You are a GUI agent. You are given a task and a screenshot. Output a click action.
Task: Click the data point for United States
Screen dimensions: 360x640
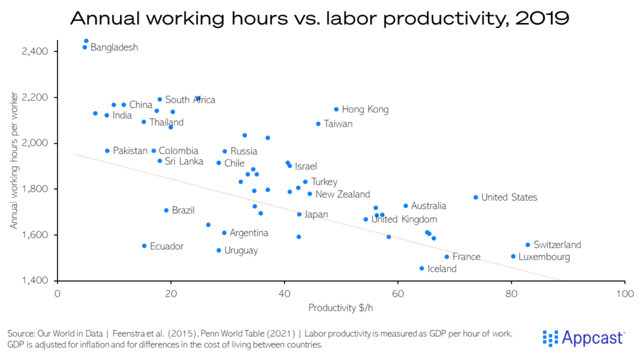point(476,197)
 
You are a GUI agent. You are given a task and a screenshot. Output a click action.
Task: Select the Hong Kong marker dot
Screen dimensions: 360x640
point(336,109)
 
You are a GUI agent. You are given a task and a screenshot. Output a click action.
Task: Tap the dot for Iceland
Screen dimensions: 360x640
point(422,269)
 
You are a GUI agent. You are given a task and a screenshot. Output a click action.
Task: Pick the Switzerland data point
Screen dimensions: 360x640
point(527,245)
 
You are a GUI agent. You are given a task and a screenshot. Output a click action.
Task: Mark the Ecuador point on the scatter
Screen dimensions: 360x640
point(144,246)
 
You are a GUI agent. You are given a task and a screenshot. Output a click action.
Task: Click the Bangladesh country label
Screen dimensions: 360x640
point(114,47)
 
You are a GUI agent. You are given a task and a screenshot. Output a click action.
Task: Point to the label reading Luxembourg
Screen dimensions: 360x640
point(544,257)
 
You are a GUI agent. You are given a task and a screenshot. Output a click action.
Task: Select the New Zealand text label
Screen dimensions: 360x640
point(342,194)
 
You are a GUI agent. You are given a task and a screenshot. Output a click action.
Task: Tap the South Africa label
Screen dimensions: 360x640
point(190,100)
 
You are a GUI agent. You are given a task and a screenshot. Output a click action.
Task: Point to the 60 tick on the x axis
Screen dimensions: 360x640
point(398,292)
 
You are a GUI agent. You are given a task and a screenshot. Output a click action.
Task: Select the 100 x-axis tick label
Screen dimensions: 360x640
point(624,292)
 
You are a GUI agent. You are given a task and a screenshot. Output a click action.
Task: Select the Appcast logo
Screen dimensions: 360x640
point(583,338)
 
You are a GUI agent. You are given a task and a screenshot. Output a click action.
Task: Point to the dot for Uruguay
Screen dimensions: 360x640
point(219,251)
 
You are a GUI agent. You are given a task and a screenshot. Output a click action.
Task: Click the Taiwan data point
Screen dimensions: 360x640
point(318,124)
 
